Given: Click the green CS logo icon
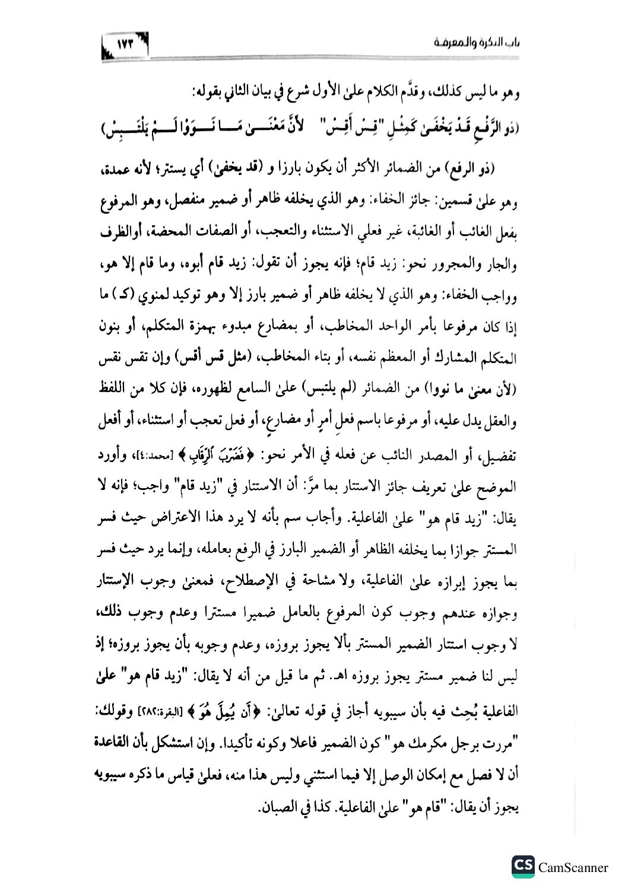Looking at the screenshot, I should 523,867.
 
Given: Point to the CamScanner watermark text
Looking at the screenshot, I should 573,868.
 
